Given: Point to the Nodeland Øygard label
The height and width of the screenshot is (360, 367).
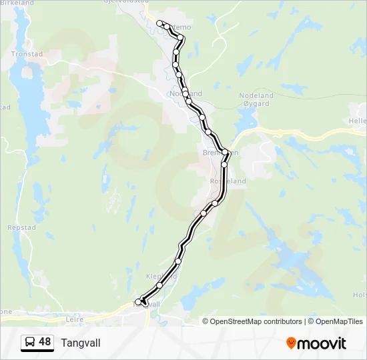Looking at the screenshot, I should pyautogui.click(x=256, y=100).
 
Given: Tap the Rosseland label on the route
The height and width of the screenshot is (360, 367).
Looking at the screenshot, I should pyautogui.click(x=228, y=181).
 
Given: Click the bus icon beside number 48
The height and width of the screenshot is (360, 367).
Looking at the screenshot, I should pyautogui.click(x=30, y=342).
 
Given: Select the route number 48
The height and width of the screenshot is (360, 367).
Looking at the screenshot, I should pyautogui.click(x=45, y=342).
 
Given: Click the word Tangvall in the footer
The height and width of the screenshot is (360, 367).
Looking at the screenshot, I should pyautogui.click(x=81, y=343).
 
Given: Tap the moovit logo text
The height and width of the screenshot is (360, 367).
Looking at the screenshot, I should pyautogui.click(x=322, y=343).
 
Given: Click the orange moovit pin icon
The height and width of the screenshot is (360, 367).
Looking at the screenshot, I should pyautogui.click(x=291, y=343).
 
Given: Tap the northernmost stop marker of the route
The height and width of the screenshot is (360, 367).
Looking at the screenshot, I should pyautogui.click(x=159, y=23).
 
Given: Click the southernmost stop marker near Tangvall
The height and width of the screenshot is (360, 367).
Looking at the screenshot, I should pyautogui.click(x=139, y=302).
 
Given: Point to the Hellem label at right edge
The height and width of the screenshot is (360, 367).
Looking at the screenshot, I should pyautogui.click(x=358, y=121).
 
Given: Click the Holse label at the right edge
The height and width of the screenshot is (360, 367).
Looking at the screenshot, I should pyautogui.click(x=360, y=294).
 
